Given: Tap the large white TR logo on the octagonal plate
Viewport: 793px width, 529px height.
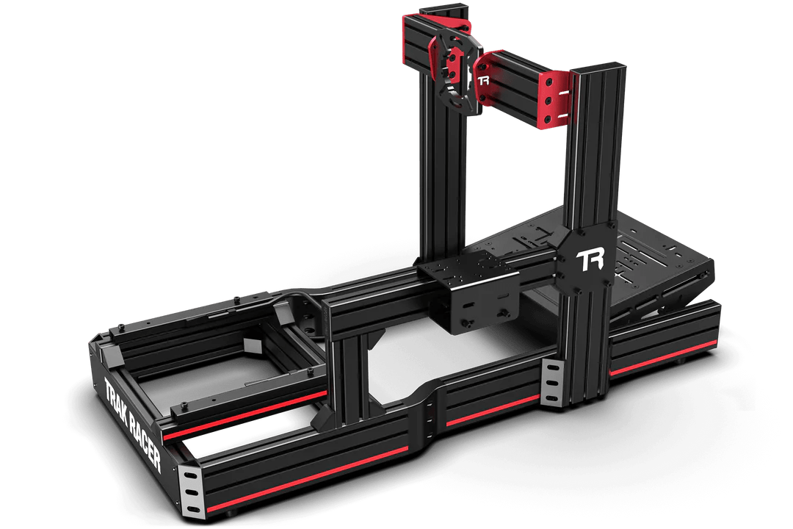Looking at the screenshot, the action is pyautogui.click(x=590, y=260).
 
